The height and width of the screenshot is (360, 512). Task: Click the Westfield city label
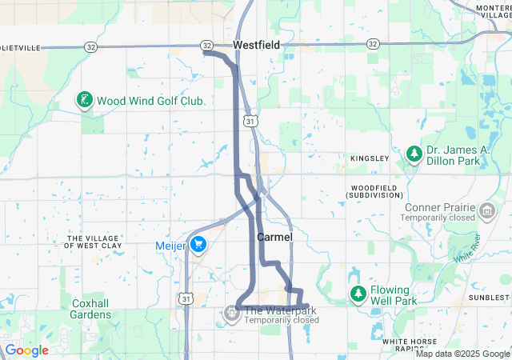click(256, 46)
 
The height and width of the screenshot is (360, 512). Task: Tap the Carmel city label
click(274, 238)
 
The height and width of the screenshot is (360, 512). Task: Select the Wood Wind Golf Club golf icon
click(82, 101)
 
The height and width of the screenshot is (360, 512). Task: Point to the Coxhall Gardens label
click(90, 309)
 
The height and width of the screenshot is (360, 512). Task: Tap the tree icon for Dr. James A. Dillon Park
click(414, 154)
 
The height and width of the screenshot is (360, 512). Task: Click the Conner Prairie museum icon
click(487, 212)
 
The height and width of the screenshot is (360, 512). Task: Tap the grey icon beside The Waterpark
click(231, 313)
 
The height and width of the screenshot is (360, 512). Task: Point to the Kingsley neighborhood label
click(369, 158)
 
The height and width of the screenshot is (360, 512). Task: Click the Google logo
click(26, 350)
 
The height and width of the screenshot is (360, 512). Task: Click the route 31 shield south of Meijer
click(186, 298)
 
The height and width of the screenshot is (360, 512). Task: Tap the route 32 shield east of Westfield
click(373, 43)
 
